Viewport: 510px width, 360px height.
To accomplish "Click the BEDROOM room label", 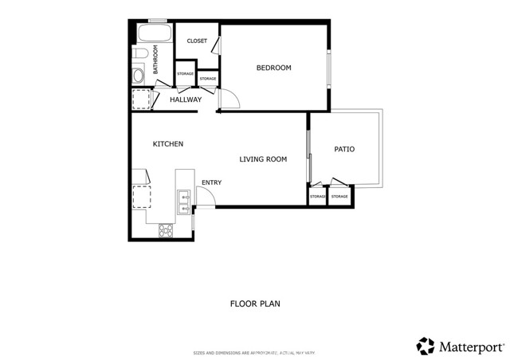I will (273, 68).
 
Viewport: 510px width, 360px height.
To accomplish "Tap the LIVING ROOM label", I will (263, 159).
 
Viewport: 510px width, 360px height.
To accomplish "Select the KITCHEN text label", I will (168, 144).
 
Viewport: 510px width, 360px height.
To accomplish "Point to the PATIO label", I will (344, 149).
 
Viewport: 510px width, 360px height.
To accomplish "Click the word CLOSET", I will (197, 41).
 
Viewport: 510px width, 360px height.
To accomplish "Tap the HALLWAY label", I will (186, 100).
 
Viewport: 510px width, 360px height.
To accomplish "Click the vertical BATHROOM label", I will (156, 60).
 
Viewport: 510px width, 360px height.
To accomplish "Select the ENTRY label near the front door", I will (211, 182).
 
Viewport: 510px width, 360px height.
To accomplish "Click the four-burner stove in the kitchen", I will (166, 230).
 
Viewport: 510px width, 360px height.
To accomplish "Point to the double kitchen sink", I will (183, 202).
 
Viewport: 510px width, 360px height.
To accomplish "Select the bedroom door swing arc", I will (228, 99).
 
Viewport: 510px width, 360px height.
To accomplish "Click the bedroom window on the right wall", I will (328, 68).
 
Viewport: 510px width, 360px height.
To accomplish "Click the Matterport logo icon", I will (426, 346).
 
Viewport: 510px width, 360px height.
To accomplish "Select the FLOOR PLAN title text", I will (255, 303).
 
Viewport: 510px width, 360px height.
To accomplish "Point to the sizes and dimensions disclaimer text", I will (254, 352).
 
